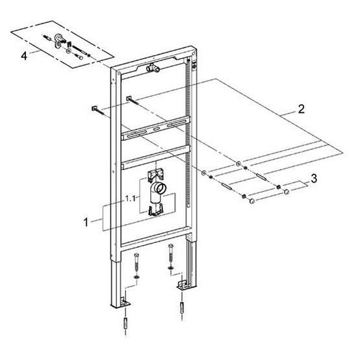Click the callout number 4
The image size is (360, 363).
pos(24,56)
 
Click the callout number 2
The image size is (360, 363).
pos(301,109)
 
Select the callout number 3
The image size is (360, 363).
pos(314,179)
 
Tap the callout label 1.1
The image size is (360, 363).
pos(130,199)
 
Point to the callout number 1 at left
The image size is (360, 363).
pos(86,222)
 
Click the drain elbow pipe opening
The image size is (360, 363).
pos(161,187)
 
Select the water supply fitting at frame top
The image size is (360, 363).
pos(152,68)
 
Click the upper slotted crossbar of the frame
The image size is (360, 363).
pos(155,128)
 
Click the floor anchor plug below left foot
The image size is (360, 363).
pos(125,323)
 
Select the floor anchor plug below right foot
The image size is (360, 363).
pos(183,308)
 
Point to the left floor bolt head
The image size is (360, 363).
pos(136,255)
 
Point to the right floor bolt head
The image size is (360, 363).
pos(171,246)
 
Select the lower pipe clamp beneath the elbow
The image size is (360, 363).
pos(155,210)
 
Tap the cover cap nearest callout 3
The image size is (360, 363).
pos(287,192)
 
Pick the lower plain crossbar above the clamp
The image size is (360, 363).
pos(155,157)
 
